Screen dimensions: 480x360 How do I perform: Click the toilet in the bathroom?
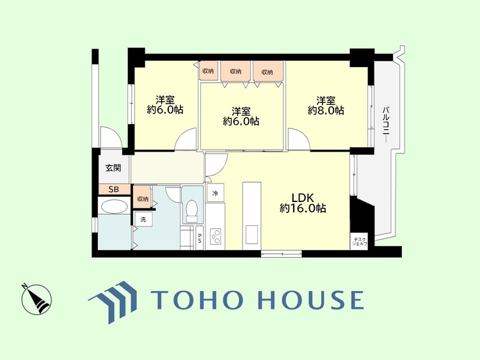tap(192, 210)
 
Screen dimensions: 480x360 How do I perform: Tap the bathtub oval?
tap(114, 207)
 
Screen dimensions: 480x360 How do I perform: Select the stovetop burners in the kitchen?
tap(216, 236)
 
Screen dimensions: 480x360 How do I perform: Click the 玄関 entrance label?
tap(113, 168)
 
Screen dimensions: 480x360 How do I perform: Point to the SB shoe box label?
tap(114, 189)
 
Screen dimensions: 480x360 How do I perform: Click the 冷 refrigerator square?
tap(215, 192)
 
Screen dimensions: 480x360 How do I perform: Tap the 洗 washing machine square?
tap(143, 219)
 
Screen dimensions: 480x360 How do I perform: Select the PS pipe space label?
tap(200, 239)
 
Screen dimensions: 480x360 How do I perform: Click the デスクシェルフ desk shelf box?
tap(359, 242)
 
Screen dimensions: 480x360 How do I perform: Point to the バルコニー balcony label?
tap(387, 124)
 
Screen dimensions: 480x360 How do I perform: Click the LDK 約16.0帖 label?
tap(303, 203)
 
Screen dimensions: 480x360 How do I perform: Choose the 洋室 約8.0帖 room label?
tap(326, 106)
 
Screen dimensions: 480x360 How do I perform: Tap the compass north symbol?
tap(36, 299)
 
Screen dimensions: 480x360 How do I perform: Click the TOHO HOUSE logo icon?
tap(113, 302)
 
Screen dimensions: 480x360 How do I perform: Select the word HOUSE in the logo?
tap(311, 300)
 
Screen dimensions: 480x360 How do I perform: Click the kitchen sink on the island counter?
tap(252, 235)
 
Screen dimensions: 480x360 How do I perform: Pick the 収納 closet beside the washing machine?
tap(142, 199)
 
